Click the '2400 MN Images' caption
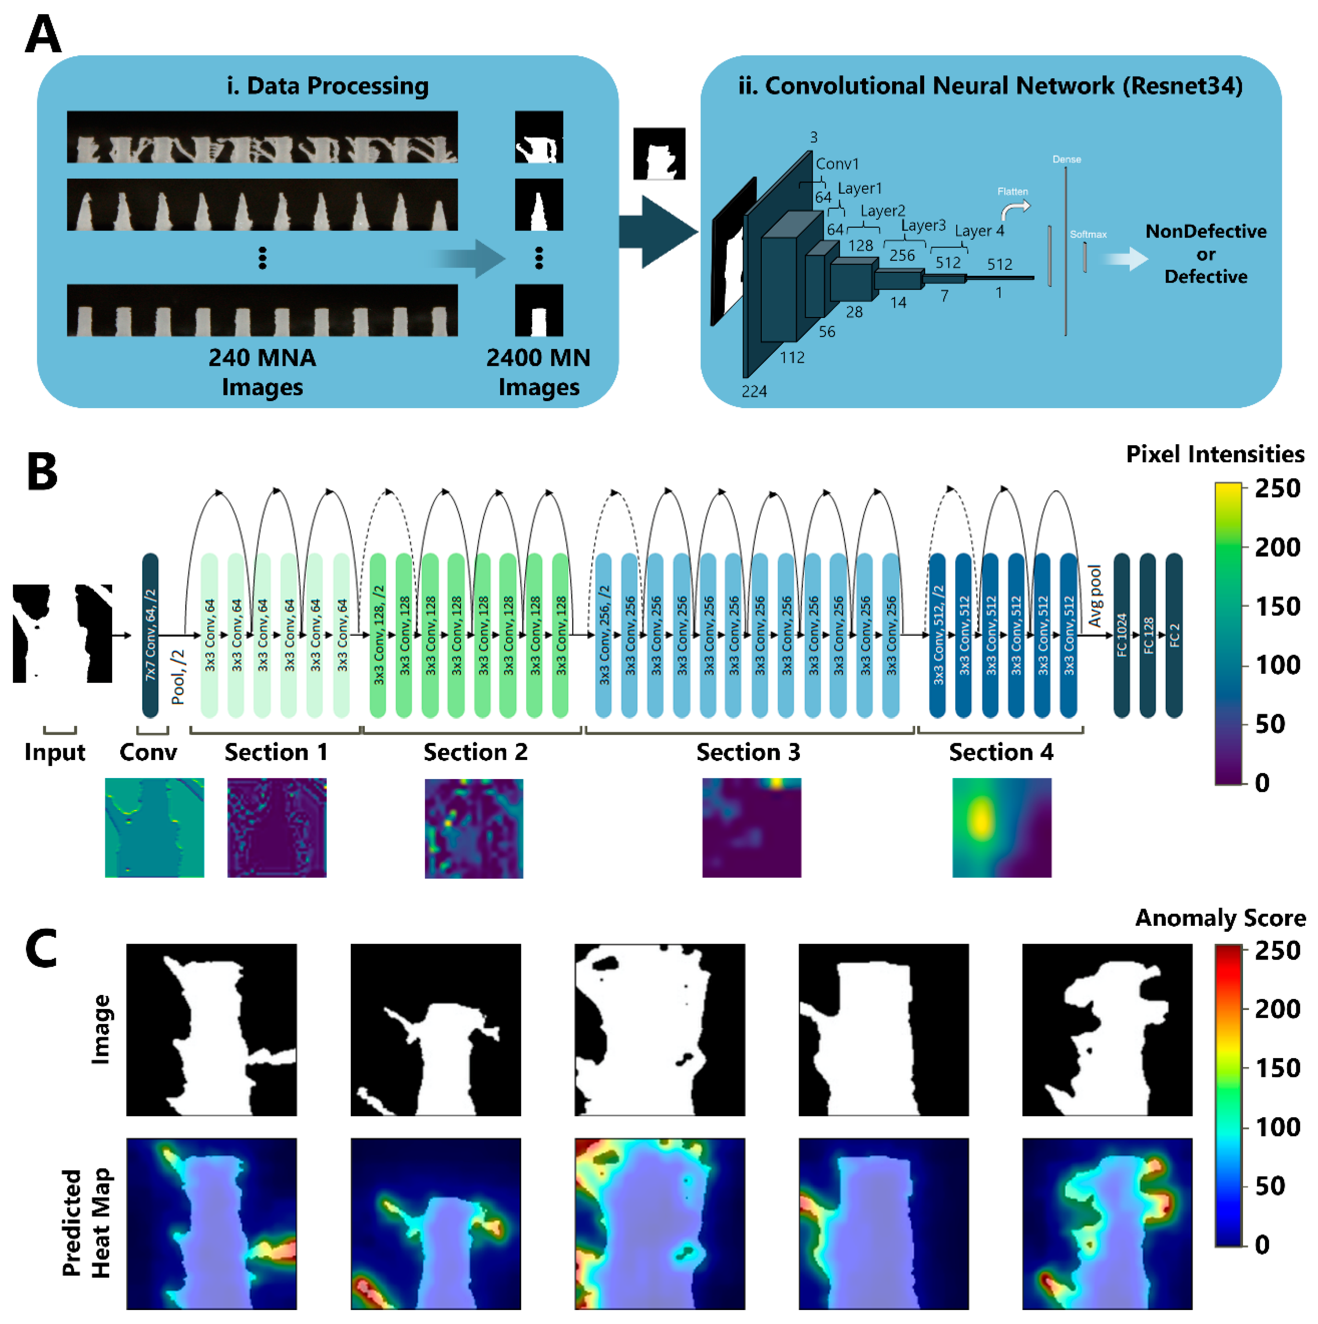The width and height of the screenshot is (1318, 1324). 539,372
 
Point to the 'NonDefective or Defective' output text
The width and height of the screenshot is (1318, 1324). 1205,254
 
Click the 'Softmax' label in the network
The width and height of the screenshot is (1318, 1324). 1088,234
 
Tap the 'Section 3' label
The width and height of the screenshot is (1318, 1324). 748,753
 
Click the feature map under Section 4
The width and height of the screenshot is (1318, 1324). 1001,828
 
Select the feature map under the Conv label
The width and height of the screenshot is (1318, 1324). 154,828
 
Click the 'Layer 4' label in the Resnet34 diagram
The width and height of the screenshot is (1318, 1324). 979,231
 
